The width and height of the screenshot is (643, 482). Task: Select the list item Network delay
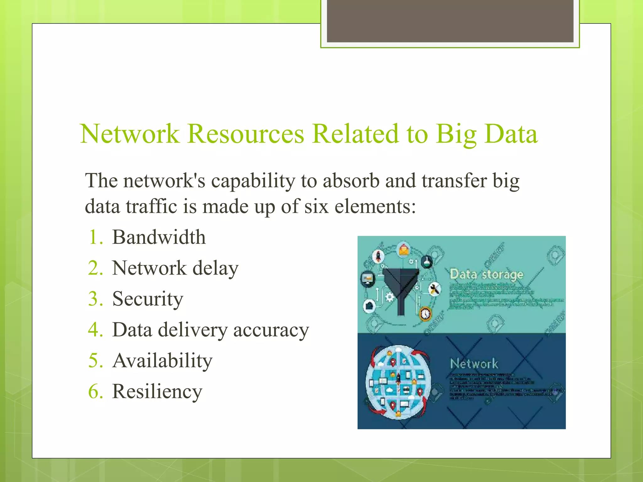(x=175, y=268)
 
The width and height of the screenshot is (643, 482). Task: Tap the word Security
(x=148, y=299)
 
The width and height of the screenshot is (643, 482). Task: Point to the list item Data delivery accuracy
(x=210, y=330)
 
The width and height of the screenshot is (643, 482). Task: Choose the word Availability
(x=162, y=361)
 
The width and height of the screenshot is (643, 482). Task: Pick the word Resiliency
(x=157, y=392)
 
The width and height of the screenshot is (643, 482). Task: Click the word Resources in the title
(x=246, y=134)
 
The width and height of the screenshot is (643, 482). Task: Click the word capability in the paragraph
(x=253, y=181)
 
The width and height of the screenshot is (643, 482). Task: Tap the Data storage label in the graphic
(x=486, y=274)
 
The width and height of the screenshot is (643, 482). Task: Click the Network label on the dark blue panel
(x=474, y=364)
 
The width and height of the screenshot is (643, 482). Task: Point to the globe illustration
(x=398, y=382)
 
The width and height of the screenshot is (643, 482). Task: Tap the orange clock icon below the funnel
(x=425, y=313)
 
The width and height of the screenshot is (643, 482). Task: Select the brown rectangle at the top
(x=450, y=21)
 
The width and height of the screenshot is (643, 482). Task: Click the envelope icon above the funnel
(x=404, y=250)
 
